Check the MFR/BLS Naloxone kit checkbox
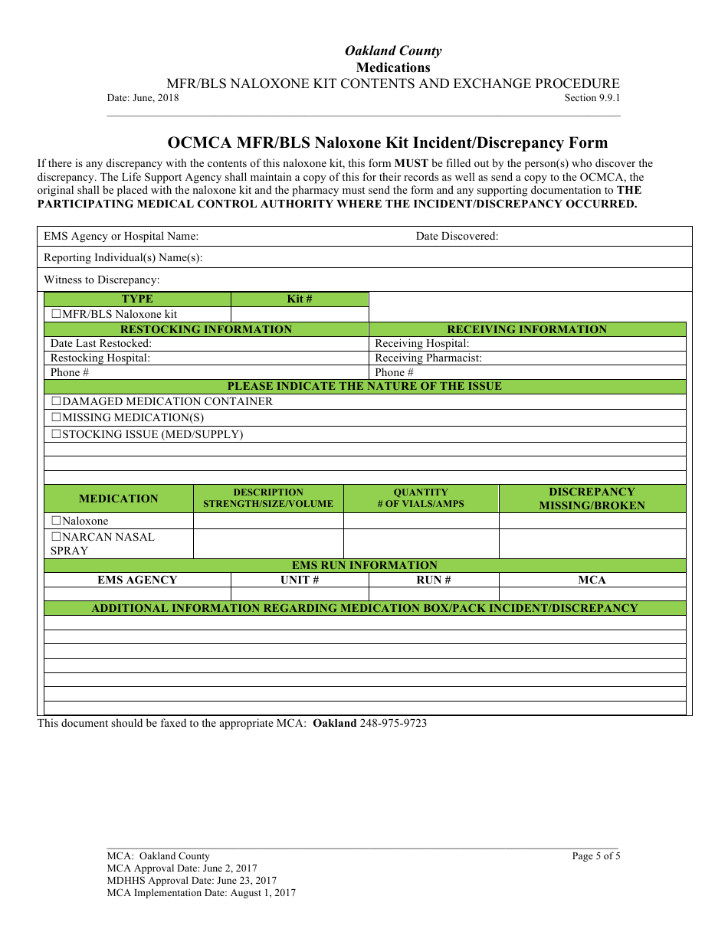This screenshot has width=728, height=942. [56, 314]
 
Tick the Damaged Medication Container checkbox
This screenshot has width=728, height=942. [56, 401]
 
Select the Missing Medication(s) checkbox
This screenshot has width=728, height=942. [56, 417]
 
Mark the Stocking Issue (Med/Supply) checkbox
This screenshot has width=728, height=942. [56, 434]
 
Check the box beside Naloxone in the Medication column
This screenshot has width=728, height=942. [56, 521]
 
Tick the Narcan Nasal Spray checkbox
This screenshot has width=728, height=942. [56, 537]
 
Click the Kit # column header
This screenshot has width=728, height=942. [300, 299]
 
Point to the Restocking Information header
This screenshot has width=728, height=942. [206, 329]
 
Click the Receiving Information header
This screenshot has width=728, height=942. [527, 329]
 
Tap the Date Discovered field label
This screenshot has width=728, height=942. [457, 236]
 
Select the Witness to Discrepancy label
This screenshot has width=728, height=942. [101, 280]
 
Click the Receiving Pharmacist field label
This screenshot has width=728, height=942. [428, 358]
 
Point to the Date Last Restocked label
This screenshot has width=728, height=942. [101, 343]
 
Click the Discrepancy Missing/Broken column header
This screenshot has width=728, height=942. [592, 499]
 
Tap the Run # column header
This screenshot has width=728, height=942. [434, 580]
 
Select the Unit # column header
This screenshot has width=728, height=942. [300, 580]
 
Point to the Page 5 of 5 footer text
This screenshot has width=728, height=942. [596, 856]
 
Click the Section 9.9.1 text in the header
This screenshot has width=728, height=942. [592, 98]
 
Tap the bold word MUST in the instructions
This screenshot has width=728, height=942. [412, 163]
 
